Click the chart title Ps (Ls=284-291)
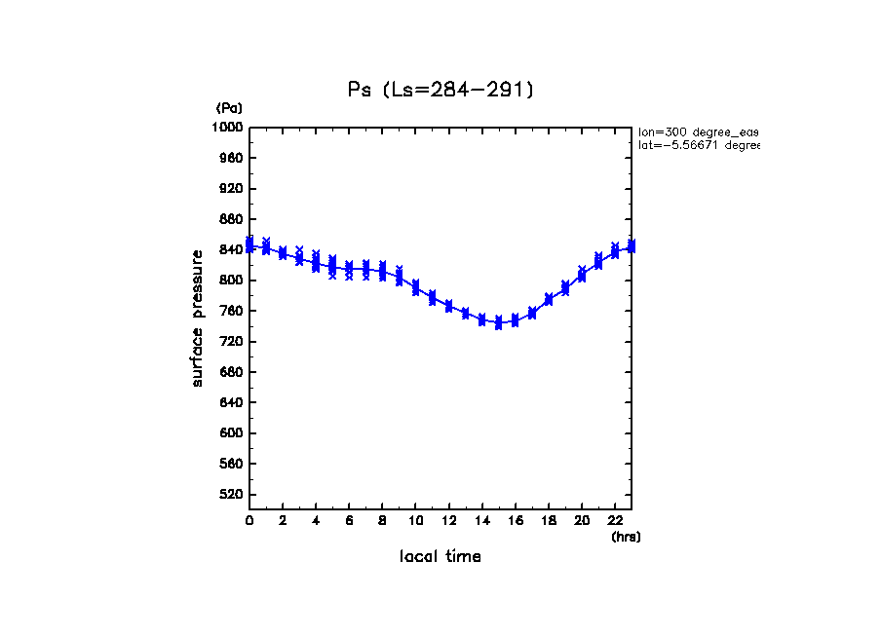(x=440, y=90)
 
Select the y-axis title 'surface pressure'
(x=198, y=317)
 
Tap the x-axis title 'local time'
(x=440, y=557)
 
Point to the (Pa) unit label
(x=229, y=108)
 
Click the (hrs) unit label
(x=626, y=537)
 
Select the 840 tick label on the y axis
(x=231, y=250)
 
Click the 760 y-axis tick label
(x=231, y=312)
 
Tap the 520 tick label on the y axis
(x=231, y=495)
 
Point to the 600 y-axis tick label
(x=231, y=433)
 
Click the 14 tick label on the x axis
(x=481, y=521)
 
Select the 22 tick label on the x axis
(x=615, y=521)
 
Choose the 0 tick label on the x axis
(x=249, y=521)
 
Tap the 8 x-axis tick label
(x=382, y=521)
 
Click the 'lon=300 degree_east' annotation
(x=698, y=131)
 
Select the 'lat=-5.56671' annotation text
(x=698, y=145)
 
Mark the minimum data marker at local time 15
(x=499, y=322)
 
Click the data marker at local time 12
(x=449, y=306)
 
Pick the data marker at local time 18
(x=549, y=299)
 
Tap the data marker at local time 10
(x=416, y=287)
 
